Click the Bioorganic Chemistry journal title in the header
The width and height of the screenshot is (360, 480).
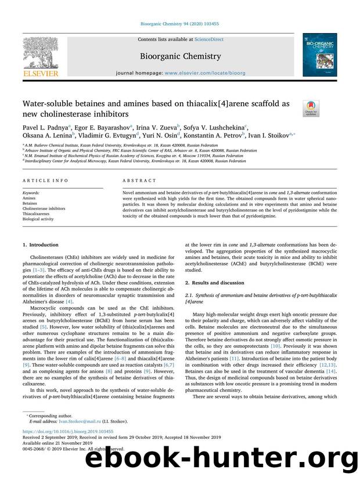179,56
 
